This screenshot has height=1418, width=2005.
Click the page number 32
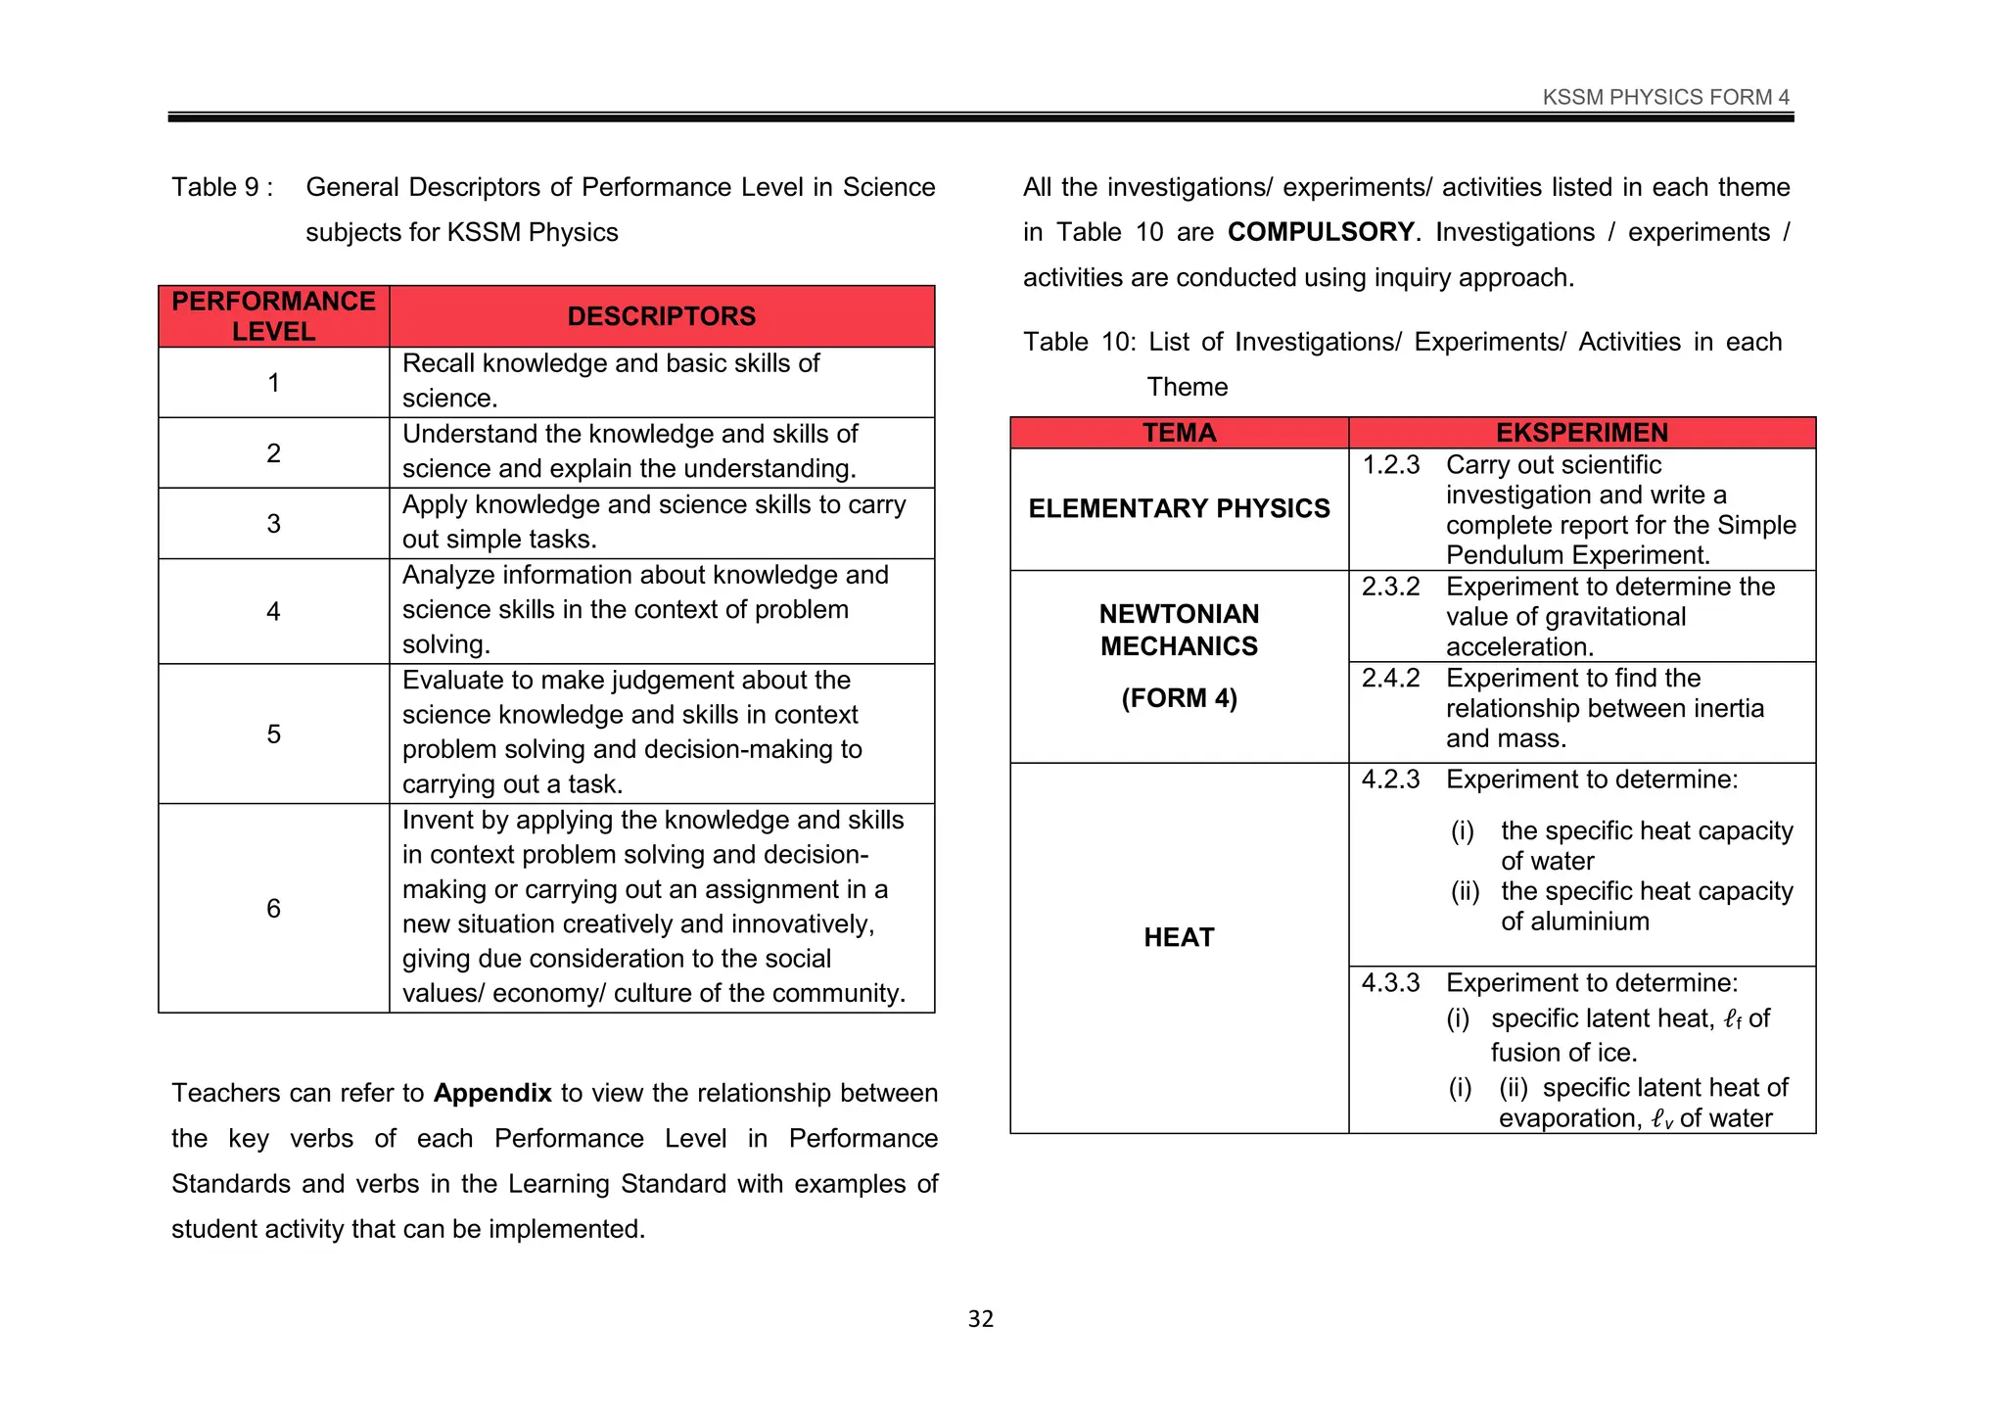coord(980,1319)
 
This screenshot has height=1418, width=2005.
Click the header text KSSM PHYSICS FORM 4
coord(1665,97)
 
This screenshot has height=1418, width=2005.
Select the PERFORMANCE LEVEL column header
coord(273,315)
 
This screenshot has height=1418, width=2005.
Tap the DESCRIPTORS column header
coord(661,315)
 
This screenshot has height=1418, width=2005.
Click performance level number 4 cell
coord(273,611)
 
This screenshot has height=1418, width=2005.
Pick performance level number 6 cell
coord(273,908)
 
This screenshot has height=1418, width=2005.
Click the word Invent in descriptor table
coord(438,820)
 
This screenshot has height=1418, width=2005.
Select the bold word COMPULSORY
coord(1321,232)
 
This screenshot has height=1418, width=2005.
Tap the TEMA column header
coord(1179,432)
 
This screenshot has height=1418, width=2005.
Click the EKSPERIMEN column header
coord(1581,432)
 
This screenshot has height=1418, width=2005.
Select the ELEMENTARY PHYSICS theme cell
coord(1179,508)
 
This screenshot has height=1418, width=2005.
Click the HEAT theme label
coord(1179,937)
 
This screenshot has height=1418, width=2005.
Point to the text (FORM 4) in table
coord(1179,698)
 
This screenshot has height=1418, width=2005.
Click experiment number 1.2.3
coord(1390,464)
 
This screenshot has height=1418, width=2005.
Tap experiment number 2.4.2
coord(1390,678)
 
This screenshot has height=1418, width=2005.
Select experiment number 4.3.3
coord(1390,982)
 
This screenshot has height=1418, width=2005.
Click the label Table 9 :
coord(222,187)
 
